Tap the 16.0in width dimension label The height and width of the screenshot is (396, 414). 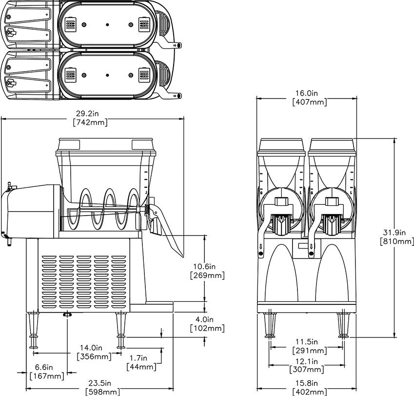(x=309, y=93)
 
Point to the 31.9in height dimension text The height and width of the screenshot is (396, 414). (x=396, y=232)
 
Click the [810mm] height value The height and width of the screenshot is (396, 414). (x=396, y=241)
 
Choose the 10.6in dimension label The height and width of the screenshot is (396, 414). (x=207, y=267)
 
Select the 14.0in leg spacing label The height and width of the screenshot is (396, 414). (x=92, y=348)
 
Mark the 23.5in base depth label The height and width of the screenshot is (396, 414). (x=102, y=383)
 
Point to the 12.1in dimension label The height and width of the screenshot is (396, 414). (x=309, y=361)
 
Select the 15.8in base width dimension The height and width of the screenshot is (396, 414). (x=309, y=383)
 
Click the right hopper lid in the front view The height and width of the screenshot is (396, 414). (x=332, y=145)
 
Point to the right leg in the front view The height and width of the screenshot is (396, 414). (x=342, y=324)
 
